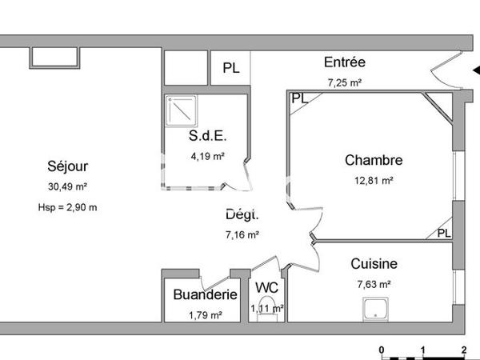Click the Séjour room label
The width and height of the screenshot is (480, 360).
click(67, 166)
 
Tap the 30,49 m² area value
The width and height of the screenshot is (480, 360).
click(67, 187)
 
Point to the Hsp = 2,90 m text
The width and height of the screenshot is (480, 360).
click(67, 208)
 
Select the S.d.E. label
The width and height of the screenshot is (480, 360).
click(206, 135)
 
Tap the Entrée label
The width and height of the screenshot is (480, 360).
click(345, 62)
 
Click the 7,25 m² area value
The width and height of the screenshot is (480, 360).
click(345, 82)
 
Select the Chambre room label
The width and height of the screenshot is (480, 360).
click(374, 160)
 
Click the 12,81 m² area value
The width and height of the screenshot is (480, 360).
click(374, 181)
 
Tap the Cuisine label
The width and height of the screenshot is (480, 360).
click(374, 263)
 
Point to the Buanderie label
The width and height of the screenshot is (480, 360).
click(206, 294)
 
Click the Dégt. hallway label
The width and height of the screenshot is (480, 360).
click(242, 214)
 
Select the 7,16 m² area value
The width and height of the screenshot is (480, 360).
click(242, 235)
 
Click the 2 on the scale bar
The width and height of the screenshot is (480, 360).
click(464, 349)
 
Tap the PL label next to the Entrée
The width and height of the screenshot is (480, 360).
click(230, 69)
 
